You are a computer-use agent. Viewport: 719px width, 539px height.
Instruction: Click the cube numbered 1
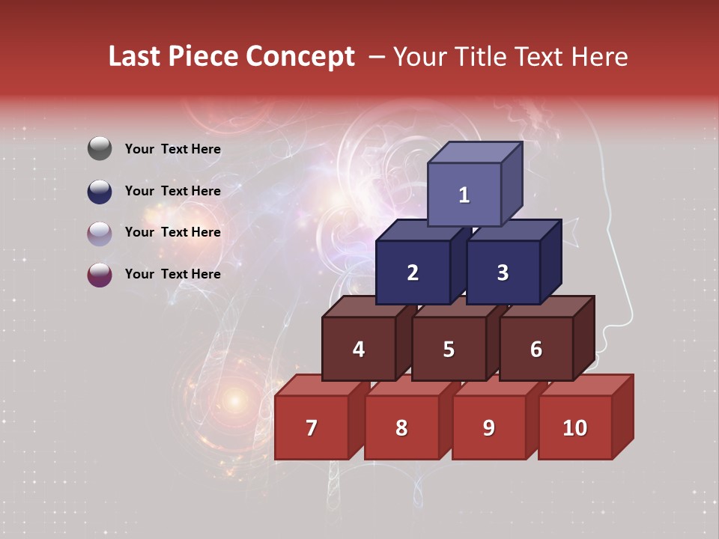tap(464, 195)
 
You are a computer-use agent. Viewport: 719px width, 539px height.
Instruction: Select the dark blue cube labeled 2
tap(413, 272)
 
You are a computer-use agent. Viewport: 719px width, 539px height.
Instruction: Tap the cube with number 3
tap(503, 272)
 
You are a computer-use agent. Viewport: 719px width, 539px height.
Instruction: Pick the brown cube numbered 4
tap(359, 349)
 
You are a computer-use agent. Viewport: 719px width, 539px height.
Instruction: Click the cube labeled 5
tap(449, 349)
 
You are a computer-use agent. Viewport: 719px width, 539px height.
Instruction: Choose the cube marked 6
tap(536, 349)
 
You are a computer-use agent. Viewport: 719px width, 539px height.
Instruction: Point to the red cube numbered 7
tap(312, 427)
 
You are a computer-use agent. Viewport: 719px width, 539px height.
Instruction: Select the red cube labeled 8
tap(401, 427)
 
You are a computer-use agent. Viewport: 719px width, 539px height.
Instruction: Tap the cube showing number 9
tap(488, 427)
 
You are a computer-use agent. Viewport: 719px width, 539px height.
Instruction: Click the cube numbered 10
tap(574, 427)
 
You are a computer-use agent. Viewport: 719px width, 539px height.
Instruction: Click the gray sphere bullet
tap(100, 149)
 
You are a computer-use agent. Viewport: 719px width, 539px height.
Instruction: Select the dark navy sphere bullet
tap(100, 191)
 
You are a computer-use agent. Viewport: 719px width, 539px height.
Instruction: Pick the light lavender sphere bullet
tap(100, 233)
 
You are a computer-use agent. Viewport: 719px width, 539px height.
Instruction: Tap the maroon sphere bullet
tap(100, 274)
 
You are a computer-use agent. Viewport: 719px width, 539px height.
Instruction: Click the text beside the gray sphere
tap(173, 149)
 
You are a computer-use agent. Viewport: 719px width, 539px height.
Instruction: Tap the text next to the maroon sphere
tap(173, 274)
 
